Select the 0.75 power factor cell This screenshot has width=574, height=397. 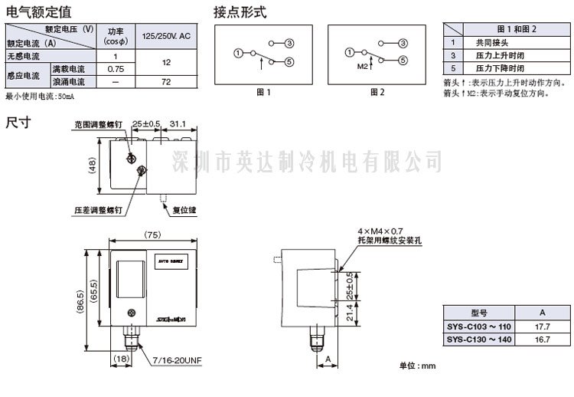115,69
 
